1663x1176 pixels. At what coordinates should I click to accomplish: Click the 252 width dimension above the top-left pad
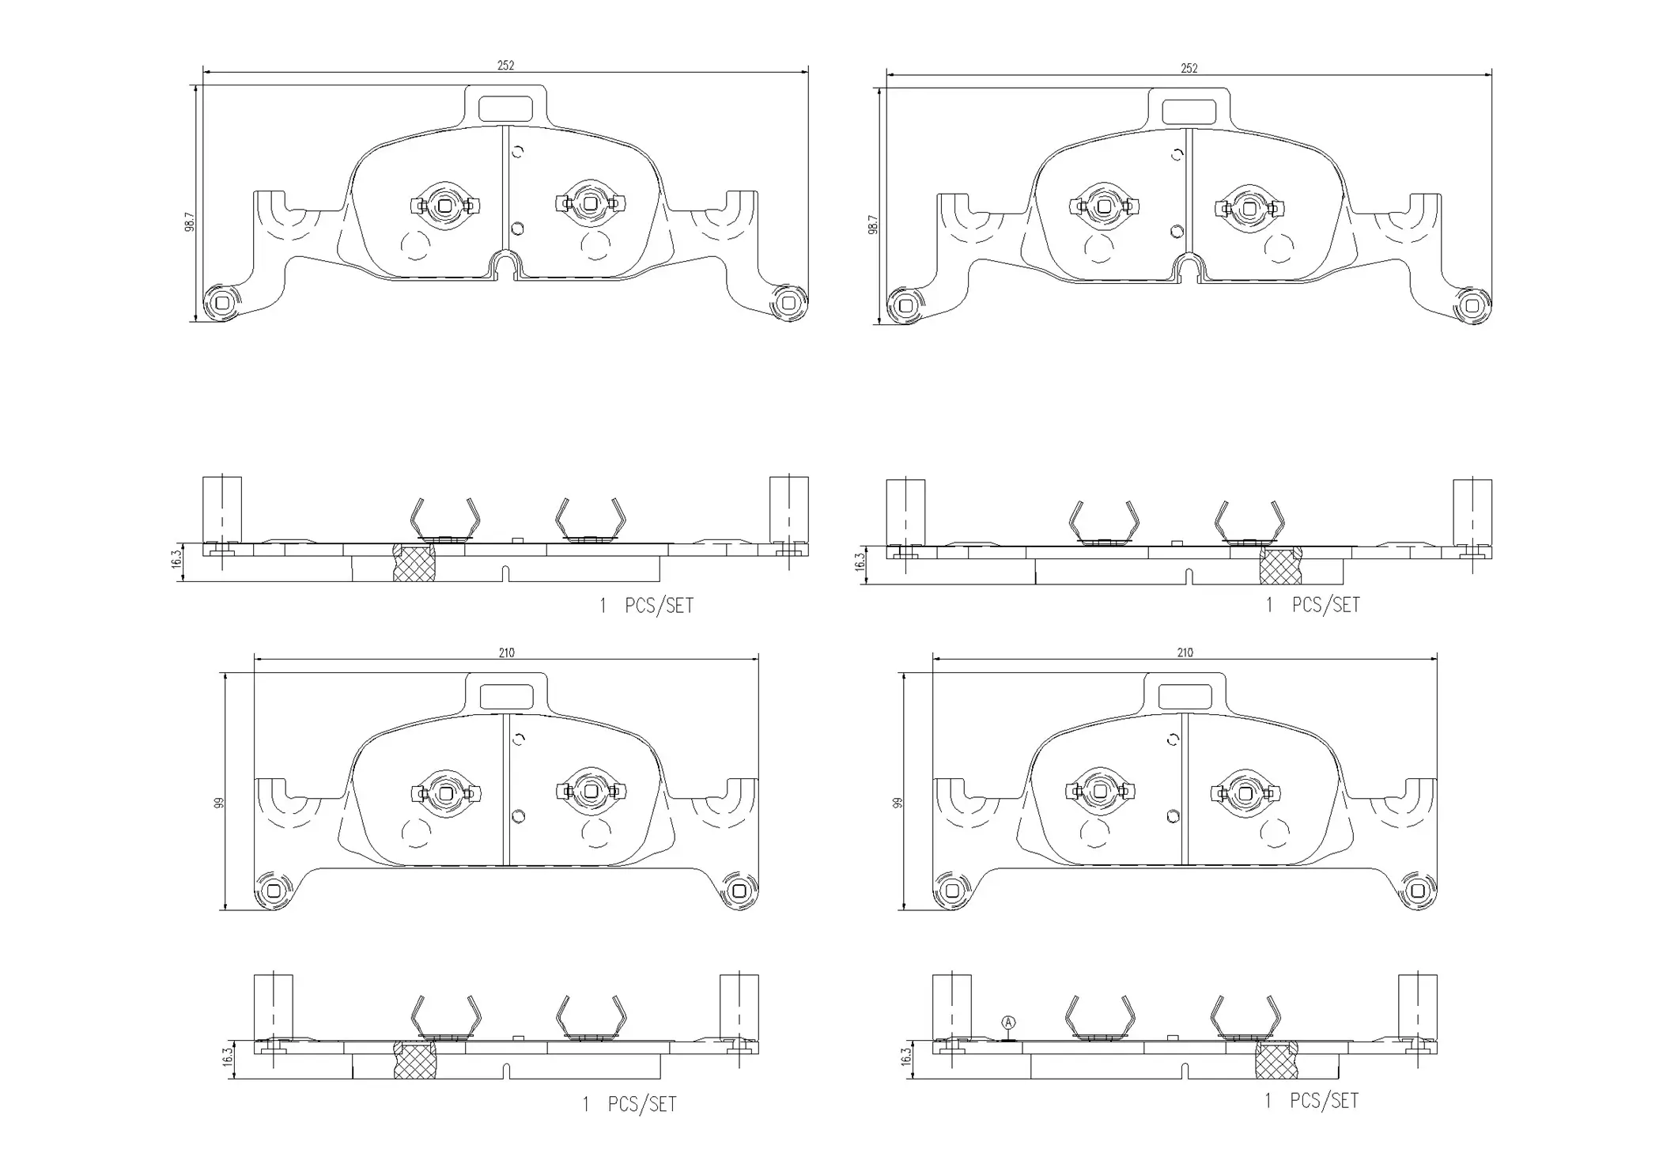coord(505,66)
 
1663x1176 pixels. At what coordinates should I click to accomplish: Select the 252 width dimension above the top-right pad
coord(1189,69)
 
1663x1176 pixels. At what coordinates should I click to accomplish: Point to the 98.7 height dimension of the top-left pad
coord(190,221)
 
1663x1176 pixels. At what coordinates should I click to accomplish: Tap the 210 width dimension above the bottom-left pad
coord(506,652)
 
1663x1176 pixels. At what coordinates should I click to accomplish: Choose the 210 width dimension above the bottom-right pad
coord(1185,652)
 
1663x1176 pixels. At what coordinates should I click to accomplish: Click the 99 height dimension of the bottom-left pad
coord(220,802)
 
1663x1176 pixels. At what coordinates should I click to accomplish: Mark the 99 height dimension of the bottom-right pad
coord(898,802)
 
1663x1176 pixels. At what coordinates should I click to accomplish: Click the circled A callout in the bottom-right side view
coord(1008,1023)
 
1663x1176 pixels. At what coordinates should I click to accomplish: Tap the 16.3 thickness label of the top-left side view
coord(176,559)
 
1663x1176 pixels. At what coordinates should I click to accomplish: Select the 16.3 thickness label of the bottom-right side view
coord(906,1057)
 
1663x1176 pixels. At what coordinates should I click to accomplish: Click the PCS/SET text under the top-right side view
coord(1325,605)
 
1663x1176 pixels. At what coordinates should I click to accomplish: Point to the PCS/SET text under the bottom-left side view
coord(641,1104)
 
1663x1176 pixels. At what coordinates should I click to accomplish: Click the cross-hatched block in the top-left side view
coord(414,562)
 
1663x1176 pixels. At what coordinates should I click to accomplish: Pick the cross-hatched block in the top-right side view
coord(1280,565)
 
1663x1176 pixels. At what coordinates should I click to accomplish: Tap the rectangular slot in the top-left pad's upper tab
coord(506,108)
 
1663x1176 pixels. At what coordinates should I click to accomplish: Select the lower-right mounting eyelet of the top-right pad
coord(1471,305)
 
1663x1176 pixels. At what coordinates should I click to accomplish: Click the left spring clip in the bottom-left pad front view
coord(446,792)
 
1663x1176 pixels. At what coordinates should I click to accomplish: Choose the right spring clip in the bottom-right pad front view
coord(1245,792)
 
